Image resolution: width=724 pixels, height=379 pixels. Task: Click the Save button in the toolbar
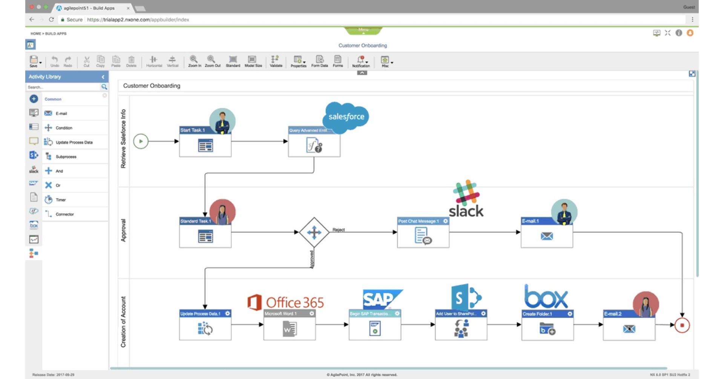point(34,61)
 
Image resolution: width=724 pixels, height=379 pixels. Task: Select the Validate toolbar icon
point(276,61)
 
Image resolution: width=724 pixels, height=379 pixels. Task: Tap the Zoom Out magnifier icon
point(212,61)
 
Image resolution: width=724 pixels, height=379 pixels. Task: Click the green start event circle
point(141,141)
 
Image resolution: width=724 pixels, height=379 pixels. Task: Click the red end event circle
point(682,325)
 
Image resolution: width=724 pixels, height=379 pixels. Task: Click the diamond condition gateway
point(314,232)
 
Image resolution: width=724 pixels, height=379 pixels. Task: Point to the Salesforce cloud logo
point(346,117)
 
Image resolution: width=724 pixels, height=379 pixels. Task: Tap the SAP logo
point(381,299)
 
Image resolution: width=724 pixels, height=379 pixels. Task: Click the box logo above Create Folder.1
point(546,297)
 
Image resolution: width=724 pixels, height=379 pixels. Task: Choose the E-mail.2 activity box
point(629,326)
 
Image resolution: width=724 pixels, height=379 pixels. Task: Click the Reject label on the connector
point(338,230)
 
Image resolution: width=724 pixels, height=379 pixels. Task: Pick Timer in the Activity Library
point(61,200)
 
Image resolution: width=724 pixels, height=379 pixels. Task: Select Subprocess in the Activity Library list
point(66,157)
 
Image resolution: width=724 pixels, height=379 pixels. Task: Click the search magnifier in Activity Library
point(104,87)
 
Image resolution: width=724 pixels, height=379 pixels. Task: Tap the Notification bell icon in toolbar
point(361,60)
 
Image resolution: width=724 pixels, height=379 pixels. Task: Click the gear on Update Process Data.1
point(227,313)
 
